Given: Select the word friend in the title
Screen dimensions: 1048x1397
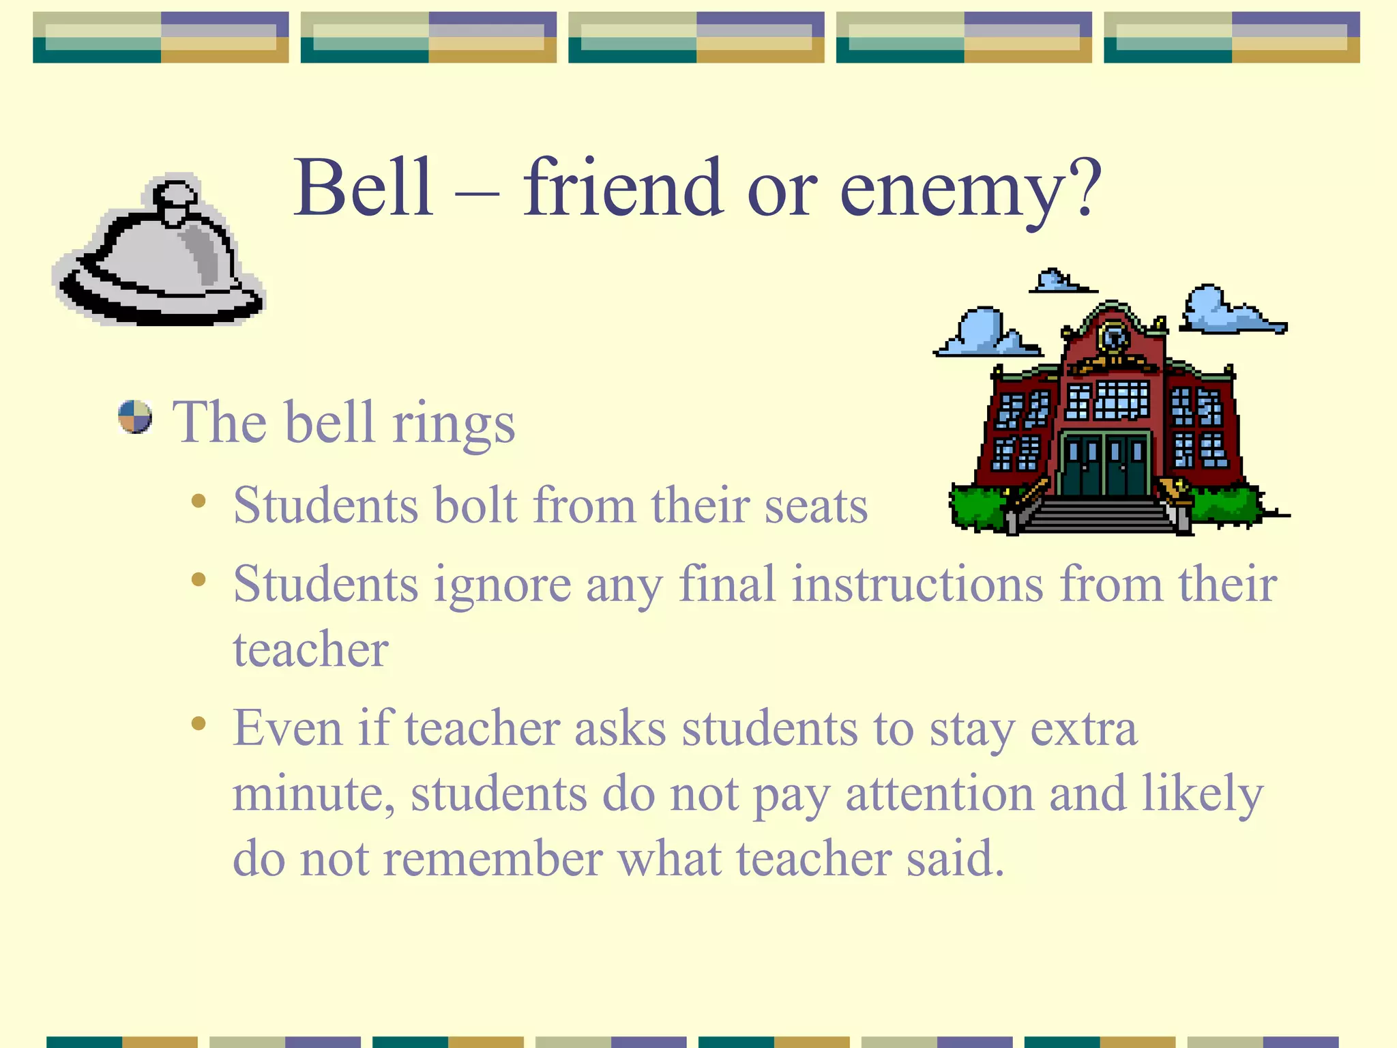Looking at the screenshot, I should [623, 188].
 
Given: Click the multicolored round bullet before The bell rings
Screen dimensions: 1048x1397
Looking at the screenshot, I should [135, 417].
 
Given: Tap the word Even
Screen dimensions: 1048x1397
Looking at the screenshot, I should [287, 728].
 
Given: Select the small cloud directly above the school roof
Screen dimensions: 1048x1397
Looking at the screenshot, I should [1057, 280].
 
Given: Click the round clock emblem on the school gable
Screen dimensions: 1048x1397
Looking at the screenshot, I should [1114, 336].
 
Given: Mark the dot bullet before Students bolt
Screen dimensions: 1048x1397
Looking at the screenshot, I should [198, 501].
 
